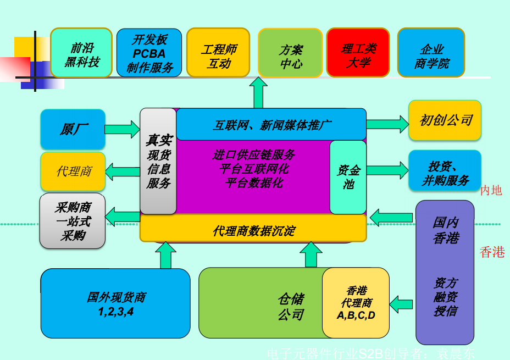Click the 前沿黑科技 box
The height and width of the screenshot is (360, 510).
point(81,53)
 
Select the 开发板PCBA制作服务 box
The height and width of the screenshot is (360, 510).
point(149,53)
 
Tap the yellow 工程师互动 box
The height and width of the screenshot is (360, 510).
point(218,53)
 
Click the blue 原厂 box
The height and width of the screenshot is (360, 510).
point(73,129)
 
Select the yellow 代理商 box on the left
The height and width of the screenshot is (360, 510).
point(73,171)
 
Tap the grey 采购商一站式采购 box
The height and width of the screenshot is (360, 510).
point(73,221)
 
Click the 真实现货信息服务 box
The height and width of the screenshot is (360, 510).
point(158,161)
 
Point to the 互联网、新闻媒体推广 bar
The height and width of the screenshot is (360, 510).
point(271,125)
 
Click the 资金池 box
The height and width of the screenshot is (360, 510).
point(348,177)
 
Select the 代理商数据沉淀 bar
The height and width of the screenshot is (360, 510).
point(253,229)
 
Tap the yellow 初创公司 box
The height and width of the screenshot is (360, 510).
point(445,120)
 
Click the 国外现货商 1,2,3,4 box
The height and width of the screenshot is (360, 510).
point(115,303)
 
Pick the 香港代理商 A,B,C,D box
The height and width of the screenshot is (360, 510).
point(356,303)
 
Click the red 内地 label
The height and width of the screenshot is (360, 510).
point(491,191)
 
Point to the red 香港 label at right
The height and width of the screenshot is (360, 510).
point(492,252)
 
